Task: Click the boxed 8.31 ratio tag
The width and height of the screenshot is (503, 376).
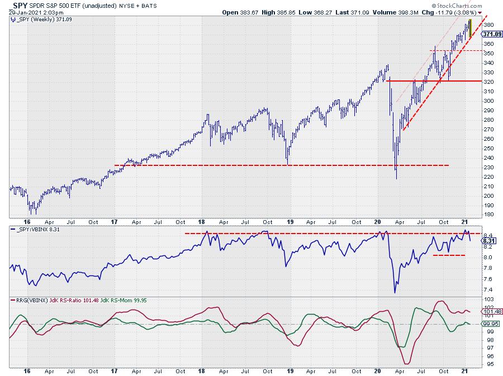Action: [x=487, y=241]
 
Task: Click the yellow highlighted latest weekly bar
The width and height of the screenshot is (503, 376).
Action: [x=470, y=26]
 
